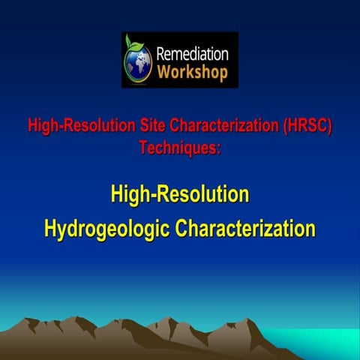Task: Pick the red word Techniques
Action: click(177, 148)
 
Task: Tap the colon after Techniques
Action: click(218, 149)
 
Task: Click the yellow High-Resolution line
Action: click(180, 196)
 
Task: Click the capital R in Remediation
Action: click(160, 54)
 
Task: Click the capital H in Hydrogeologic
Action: click(52, 228)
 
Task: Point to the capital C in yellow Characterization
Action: click(182, 228)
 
